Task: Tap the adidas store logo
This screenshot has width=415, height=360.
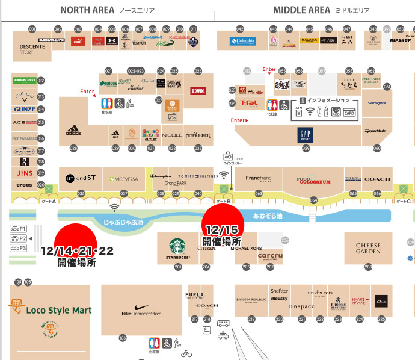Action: pos(73,130)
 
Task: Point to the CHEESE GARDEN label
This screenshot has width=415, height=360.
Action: pos(368,249)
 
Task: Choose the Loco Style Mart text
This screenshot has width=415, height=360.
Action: pos(58,310)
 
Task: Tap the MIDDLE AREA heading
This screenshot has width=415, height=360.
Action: pos(301,10)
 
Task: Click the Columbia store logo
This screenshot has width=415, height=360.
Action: pos(242,42)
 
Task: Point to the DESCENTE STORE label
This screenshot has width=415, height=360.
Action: pos(28,48)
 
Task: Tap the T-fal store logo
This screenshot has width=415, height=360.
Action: pos(249,102)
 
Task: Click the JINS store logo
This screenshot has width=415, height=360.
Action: pos(25,173)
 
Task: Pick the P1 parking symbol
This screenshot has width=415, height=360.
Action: pos(18,229)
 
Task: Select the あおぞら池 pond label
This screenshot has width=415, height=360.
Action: pos(268,215)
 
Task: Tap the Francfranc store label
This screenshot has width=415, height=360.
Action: pos(259,179)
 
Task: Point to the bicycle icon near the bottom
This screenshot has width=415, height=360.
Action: pos(186,353)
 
